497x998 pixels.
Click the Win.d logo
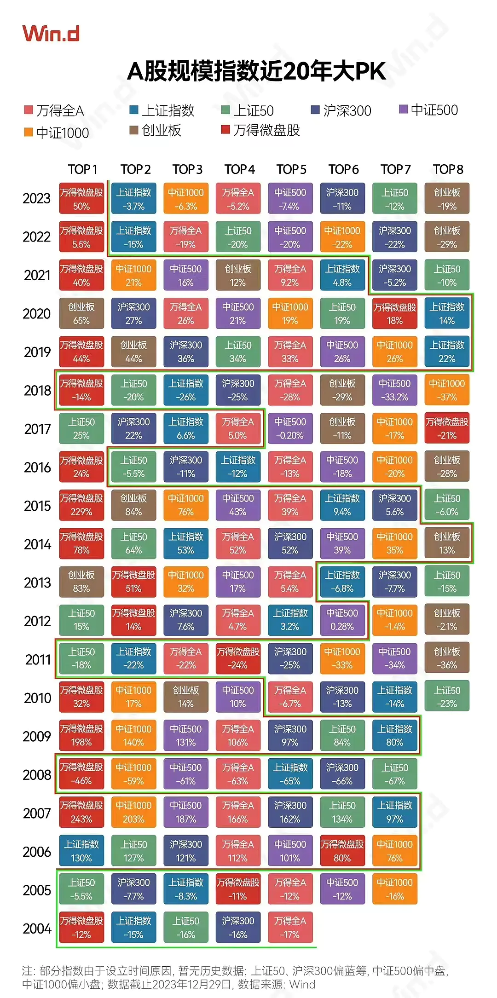pyautogui.click(x=51, y=34)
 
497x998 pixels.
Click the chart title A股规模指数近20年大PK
pyautogui.click(x=256, y=71)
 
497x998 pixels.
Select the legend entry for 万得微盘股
pyautogui.click(x=261, y=131)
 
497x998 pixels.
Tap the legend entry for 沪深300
pyautogui.click(x=341, y=110)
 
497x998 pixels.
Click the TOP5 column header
pyautogui.click(x=291, y=169)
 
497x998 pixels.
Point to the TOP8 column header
pyautogui.click(x=448, y=169)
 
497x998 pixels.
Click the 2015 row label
pyautogui.click(x=37, y=506)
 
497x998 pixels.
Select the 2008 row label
pyautogui.click(x=37, y=775)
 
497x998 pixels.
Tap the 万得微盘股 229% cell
pyautogui.click(x=81, y=505)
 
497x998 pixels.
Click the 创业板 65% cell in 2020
pyautogui.click(x=81, y=313)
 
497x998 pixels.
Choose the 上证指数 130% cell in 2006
pyautogui.click(x=81, y=851)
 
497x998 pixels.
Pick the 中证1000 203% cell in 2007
pyautogui.click(x=133, y=812)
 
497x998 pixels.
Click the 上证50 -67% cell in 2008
pyautogui.click(x=395, y=774)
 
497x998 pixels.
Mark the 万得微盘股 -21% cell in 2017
pyautogui.click(x=447, y=428)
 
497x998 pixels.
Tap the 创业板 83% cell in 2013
pyautogui.click(x=81, y=582)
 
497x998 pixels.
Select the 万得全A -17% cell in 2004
pyautogui.click(x=290, y=927)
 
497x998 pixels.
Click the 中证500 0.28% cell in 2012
pyautogui.click(x=342, y=620)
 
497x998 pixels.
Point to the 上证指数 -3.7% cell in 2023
pyautogui.click(x=133, y=199)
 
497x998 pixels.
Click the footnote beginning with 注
pyautogui.click(x=235, y=977)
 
